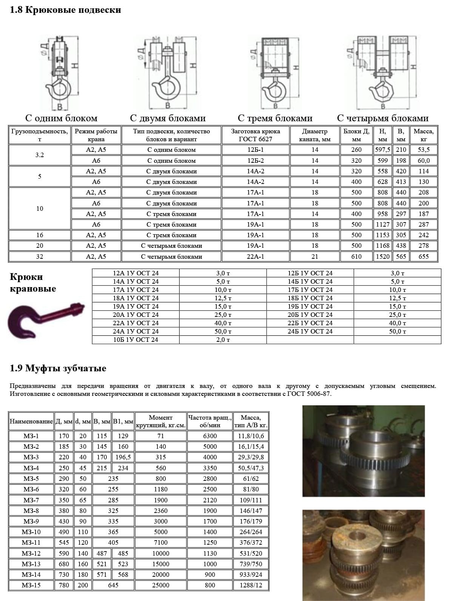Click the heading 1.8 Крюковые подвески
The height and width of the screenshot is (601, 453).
(x=65, y=10)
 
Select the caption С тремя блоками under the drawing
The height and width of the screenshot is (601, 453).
(x=275, y=118)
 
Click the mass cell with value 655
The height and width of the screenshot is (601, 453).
(x=424, y=256)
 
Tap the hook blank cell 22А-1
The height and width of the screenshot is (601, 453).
(x=256, y=256)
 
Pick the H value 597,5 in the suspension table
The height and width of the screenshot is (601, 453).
(x=382, y=150)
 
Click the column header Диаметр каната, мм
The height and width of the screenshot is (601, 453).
(x=314, y=135)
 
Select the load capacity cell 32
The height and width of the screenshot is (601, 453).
(x=40, y=256)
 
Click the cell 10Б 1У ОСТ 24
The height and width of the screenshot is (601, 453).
(x=136, y=340)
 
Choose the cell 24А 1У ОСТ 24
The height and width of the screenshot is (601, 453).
(x=136, y=331)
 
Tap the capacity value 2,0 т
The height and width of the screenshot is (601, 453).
(x=223, y=340)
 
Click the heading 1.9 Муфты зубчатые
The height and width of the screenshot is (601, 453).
(x=58, y=368)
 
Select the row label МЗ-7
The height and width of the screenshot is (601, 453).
(x=31, y=500)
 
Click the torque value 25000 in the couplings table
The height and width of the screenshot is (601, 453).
(x=160, y=585)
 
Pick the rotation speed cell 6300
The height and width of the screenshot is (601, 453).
(x=210, y=436)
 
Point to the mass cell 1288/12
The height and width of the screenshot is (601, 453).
(x=251, y=585)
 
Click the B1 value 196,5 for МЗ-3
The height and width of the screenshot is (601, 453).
(x=123, y=457)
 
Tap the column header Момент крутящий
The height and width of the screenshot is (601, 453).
(x=160, y=421)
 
